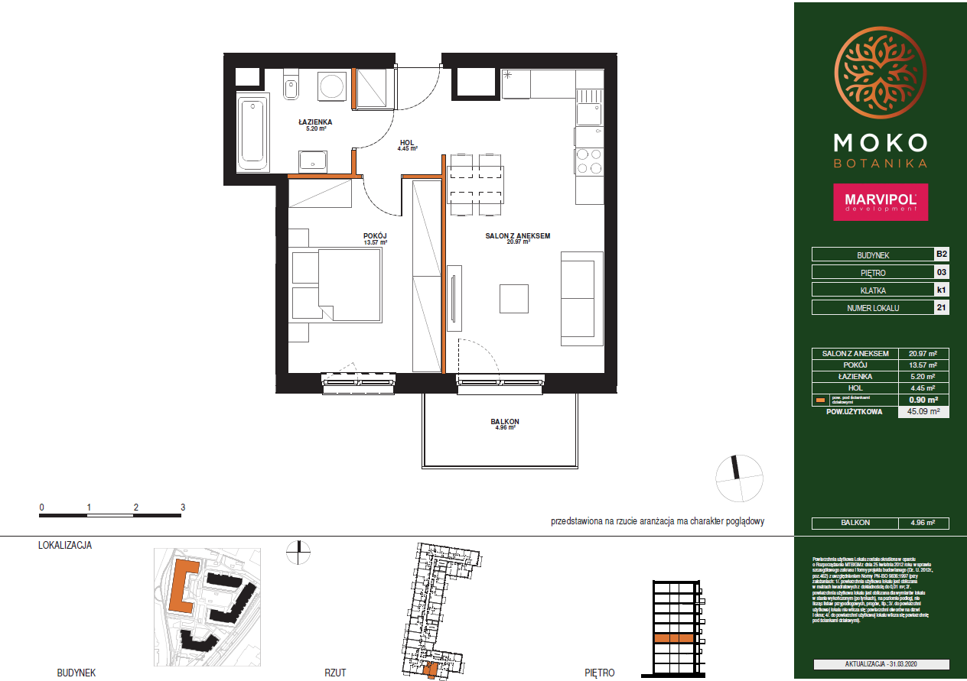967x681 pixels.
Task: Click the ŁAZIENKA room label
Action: coord(314,122)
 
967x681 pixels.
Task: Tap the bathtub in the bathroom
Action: coord(252,132)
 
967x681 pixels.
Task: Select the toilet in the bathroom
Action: coord(290,87)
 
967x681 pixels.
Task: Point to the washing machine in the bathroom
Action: coord(332,85)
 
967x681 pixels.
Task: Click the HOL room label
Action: coord(408,143)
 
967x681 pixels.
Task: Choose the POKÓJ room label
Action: coord(375,236)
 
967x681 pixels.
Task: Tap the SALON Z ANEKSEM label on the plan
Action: coord(518,236)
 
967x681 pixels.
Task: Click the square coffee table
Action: coord(513,298)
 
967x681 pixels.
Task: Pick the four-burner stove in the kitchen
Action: coord(589,161)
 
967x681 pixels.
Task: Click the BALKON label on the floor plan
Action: coord(505,422)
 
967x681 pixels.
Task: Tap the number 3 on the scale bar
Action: coord(183,507)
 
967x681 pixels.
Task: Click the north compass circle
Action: coord(739,478)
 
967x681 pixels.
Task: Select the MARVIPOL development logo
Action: coord(880,202)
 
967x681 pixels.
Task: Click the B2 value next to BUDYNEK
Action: coord(941,255)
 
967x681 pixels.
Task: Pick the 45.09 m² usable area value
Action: coord(923,412)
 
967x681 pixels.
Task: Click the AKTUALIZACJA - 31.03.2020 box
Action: coord(881,665)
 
